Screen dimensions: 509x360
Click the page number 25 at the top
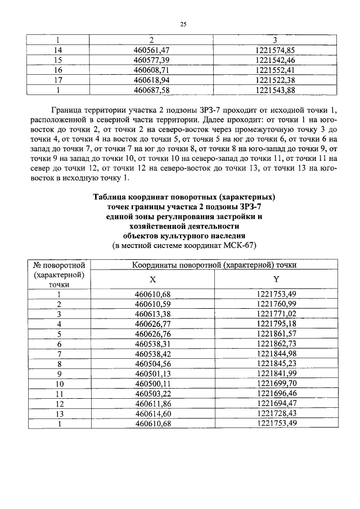183,24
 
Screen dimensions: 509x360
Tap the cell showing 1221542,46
275,59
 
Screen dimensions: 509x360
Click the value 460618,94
151,80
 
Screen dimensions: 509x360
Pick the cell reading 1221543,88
275,90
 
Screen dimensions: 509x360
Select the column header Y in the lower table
275,280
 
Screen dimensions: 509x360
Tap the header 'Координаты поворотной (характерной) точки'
214,264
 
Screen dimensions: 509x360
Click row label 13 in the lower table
58,413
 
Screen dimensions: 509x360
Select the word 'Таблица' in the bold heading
110,197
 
